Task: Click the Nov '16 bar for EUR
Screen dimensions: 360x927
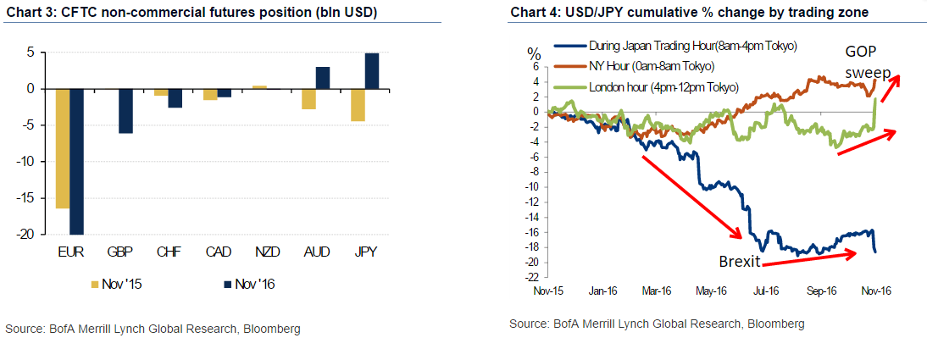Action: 77,161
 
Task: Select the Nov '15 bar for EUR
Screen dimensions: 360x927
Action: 62,148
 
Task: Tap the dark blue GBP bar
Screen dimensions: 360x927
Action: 125,111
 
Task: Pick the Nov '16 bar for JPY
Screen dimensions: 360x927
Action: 372,71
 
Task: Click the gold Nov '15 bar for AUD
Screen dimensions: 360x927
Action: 308,98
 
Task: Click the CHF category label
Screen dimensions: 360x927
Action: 168,252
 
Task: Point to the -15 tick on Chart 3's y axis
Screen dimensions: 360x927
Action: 33,197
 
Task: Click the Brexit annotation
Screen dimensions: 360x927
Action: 738,259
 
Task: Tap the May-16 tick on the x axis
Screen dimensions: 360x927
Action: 713,290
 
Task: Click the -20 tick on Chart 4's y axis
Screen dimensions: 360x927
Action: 531,262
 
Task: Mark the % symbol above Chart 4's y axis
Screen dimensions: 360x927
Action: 532,53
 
